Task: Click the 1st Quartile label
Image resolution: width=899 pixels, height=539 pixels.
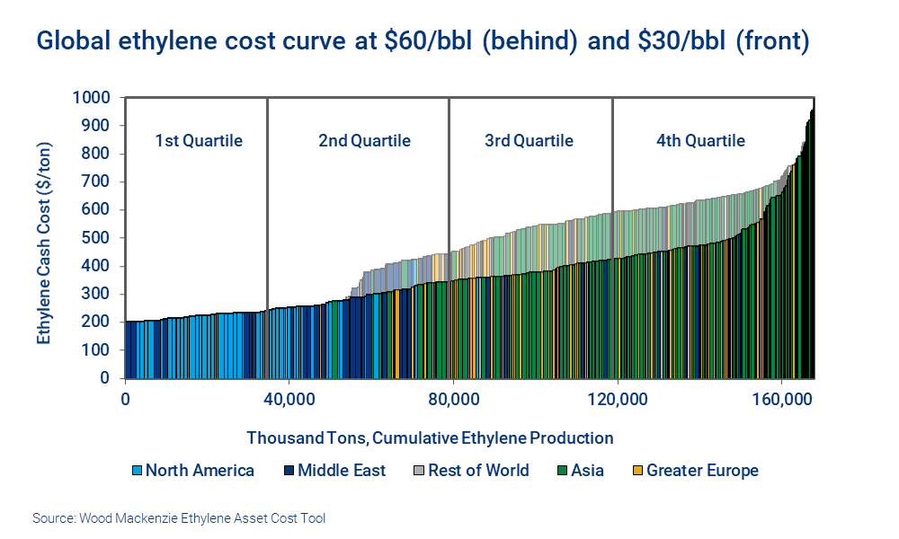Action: coord(199,141)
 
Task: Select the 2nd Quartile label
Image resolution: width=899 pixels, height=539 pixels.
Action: coord(364,141)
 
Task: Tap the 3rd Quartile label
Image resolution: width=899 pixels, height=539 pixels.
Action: coord(529,141)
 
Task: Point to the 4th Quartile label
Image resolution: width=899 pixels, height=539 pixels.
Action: coord(700,141)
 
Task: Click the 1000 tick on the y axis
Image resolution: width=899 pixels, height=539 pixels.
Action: coord(93,97)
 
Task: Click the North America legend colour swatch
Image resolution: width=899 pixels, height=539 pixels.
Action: coord(138,471)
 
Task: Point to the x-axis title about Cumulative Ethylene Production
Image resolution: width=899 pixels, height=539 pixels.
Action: coord(430,438)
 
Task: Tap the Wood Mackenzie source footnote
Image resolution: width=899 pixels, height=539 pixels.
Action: coord(179,518)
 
